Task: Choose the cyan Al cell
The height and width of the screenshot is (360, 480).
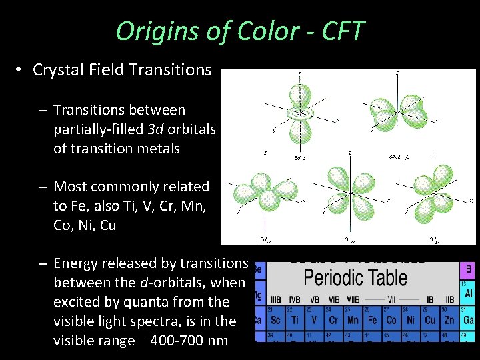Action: pyautogui.click(x=468, y=293)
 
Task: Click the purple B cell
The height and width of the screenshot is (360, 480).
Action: pyautogui.click(x=468, y=269)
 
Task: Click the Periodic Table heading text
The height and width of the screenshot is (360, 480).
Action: pyautogui.click(x=355, y=277)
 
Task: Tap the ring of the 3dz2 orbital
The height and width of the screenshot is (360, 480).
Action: pyautogui.click(x=299, y=114)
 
